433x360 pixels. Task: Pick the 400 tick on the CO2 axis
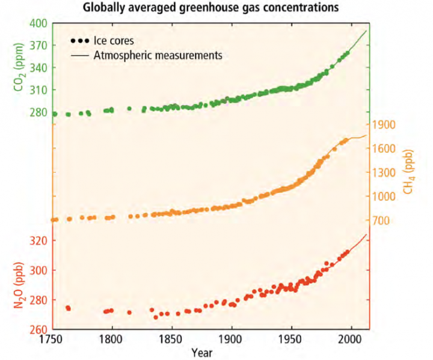pos(37,24)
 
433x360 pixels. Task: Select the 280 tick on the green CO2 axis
pos(37,112)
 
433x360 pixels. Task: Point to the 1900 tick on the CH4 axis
pos(383,125)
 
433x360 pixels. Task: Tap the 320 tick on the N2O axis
pos(37,241)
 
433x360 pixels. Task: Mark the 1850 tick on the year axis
pos(171,340)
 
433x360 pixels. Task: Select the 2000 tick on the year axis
pos(350,340)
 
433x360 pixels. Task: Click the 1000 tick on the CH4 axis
pos(383,197)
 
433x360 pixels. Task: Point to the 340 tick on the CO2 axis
pos(37,68)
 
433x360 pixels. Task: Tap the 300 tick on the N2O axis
pos(37,270)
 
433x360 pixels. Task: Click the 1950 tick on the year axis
pos(290,340)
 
